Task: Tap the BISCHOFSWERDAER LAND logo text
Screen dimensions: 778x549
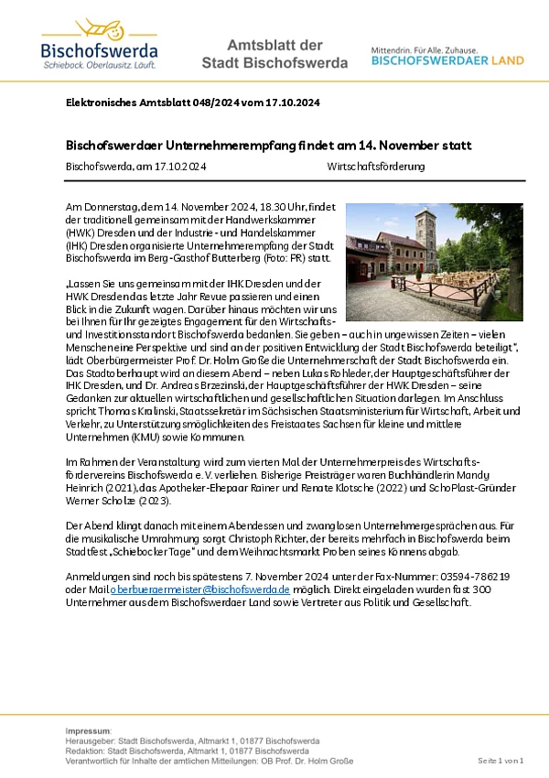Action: tap(447, 61)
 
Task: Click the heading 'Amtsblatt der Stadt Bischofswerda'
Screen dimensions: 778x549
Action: tap(274, 54)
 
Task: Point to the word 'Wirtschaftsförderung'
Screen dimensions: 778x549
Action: tap(375, 167)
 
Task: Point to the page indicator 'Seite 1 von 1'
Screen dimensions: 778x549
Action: tap(501, 761)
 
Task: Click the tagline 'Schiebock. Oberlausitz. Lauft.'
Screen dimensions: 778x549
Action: tap(99, 66)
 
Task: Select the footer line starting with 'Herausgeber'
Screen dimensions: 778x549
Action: tap(192, 741)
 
